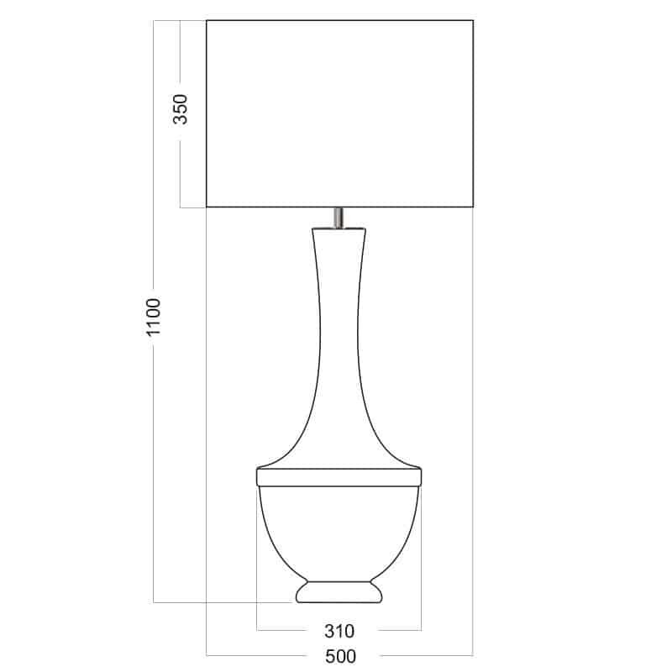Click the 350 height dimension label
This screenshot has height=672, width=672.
(181, 109)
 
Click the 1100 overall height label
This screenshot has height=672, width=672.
(154, 318)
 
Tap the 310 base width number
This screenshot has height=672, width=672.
(339, 632)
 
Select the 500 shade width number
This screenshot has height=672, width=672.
(340, 656)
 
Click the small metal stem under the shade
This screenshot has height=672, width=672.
(339, 218)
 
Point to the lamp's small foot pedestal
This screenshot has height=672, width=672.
(339, 592)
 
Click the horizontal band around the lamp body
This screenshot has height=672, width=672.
(339, 477)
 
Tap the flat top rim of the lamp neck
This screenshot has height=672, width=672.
(339, 228)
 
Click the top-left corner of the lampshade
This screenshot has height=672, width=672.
(207, 20)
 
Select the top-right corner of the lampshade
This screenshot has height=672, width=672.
(473, 20)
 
